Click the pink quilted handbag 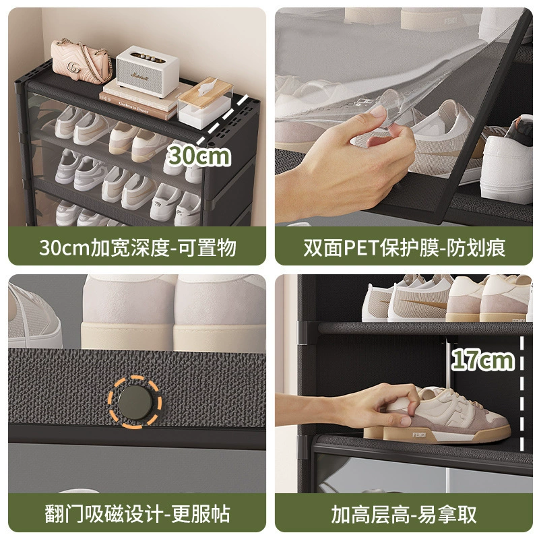[x=81, y=62]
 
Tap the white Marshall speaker [x=148, y=71]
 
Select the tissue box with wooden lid [x=205, y=103]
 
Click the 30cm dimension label [x=198, y=156]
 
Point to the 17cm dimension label [x=482, y=360]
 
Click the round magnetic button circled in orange [x=135, y=402]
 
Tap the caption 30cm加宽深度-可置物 [x=137, y=247]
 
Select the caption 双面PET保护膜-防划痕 [x=404, y=247]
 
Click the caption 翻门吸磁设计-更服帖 [x=137, y=514]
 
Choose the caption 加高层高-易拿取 [x=404, y=514]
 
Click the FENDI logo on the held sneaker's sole [x=419, y=435]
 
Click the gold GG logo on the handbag [x=73, y=67]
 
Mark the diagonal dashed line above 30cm [x=222, y=119]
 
